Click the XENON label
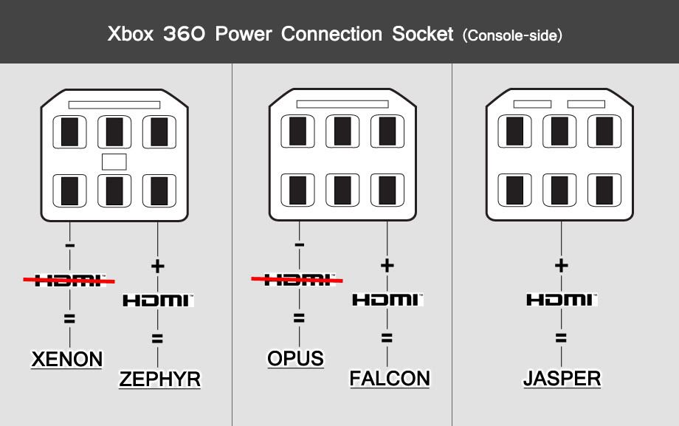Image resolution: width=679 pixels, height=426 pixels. tap(66, 360)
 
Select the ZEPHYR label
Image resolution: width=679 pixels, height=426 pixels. tap(159, 379)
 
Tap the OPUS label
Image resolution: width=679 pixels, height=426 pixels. tap(295, 359)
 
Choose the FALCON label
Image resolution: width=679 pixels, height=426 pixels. tap(390, 379)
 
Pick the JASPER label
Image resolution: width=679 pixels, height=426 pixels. tap(562, 379)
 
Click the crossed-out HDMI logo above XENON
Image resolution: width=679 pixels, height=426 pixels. tap(69, 279)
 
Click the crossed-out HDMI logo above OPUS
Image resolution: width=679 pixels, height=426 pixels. tap(297, 279)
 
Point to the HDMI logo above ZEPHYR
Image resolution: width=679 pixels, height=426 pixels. tap(157, 300)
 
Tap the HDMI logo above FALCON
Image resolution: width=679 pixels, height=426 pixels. tap(387, 300)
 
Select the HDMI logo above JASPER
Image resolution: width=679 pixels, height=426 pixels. tap(561, 300)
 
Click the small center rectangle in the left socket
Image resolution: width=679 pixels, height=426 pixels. tap(114, 161)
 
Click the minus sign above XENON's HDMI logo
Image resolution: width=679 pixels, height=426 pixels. tap(69, 244)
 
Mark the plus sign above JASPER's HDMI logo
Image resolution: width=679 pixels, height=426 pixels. tap(561, 265)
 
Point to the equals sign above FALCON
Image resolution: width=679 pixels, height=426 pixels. tap(387, 338)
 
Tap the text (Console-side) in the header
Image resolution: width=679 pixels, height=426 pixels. tap(511, 35)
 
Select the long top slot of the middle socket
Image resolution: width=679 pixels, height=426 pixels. tap(342, 104)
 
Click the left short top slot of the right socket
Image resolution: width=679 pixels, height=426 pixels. tap(532, 104)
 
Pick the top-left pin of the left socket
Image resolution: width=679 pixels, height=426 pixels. tap(69, 132)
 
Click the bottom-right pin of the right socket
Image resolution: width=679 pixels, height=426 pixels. tap(604, 190)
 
